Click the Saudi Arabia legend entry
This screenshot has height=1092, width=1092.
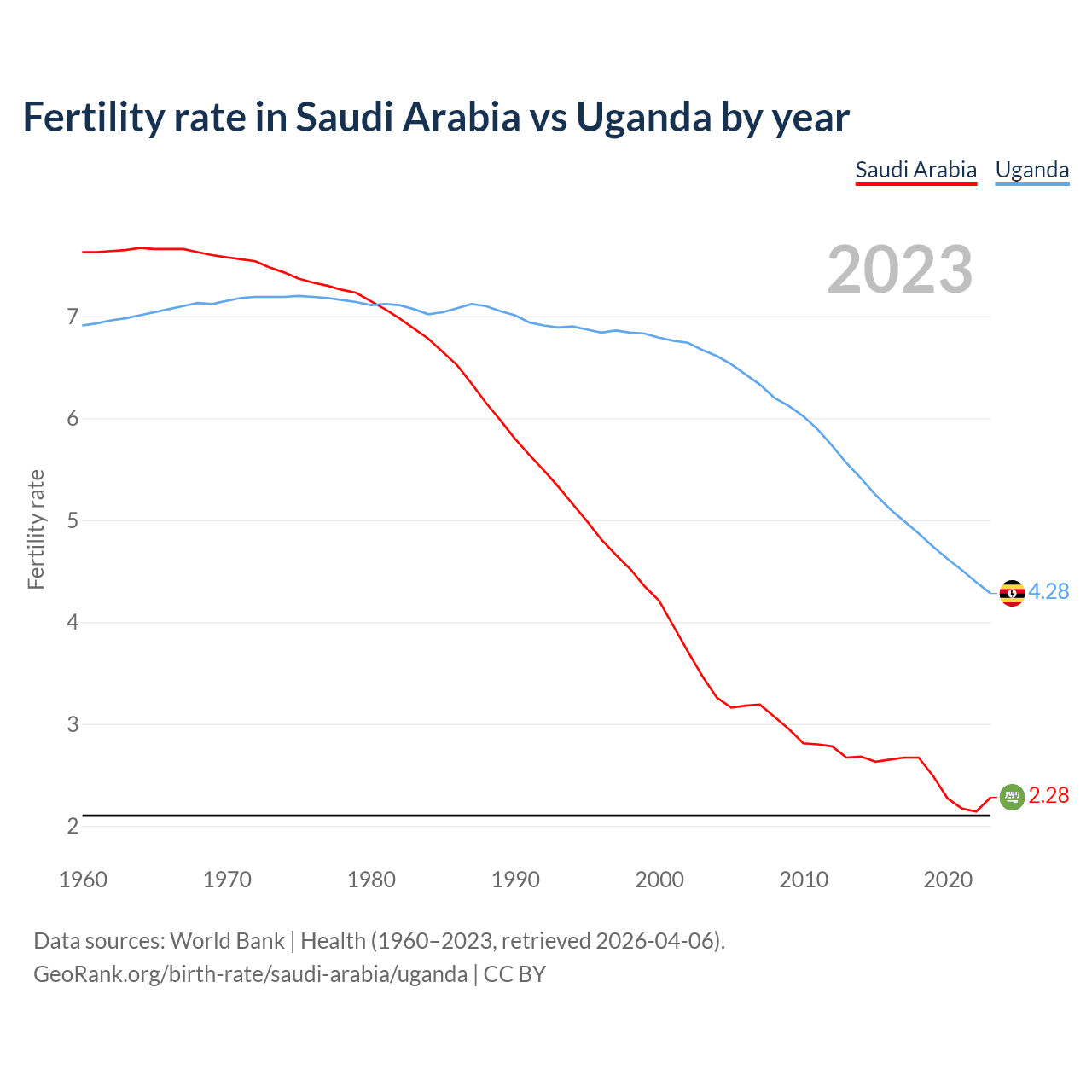[x=915, y=170]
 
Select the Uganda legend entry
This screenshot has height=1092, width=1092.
[x=1031, y=170]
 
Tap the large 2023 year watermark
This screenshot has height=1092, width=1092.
[x=900, y=270]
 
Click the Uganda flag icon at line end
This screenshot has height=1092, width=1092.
[x=1012, y=593]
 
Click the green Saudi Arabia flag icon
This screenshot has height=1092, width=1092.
[x=1012, y=797]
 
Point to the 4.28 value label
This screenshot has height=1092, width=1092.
[x=1048, y=591]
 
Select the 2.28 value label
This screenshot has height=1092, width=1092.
[x=1048, y=795]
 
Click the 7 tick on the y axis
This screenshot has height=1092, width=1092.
[x=73, y=317]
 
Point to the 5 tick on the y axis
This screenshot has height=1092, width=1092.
[x=73, y=520]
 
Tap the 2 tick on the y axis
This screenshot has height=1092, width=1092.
[x=73, y=826]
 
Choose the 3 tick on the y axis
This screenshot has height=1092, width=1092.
[x=73, y=724]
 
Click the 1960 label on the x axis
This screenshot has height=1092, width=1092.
[x=83, y=880]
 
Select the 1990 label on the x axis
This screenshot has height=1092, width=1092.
[x=515, y=880]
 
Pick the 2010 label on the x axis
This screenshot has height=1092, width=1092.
[x=804, y=880]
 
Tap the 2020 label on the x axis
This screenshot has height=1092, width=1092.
[x=948, y=880]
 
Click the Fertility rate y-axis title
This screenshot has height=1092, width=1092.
[x=36, y=529]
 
